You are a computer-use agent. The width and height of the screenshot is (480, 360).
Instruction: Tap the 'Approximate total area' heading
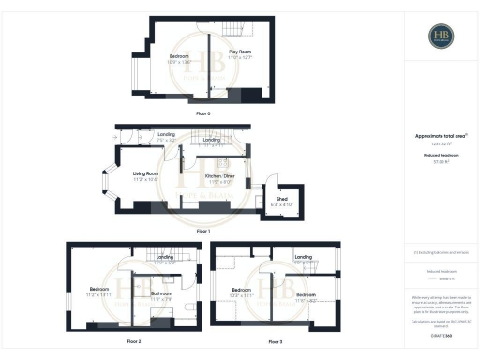point(440,135)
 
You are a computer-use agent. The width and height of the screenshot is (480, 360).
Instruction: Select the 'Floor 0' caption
point(203,112)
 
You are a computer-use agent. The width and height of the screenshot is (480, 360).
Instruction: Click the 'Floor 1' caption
point(203,229)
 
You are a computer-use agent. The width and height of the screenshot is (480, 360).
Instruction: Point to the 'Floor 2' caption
point(133,342)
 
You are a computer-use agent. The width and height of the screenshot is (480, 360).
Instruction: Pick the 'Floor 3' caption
point(275,342)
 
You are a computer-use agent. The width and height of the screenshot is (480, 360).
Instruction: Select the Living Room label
point(145,173)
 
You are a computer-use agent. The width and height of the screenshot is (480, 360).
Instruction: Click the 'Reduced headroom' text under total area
point(440,156)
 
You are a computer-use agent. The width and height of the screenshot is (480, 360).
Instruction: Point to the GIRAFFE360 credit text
point(440,333)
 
